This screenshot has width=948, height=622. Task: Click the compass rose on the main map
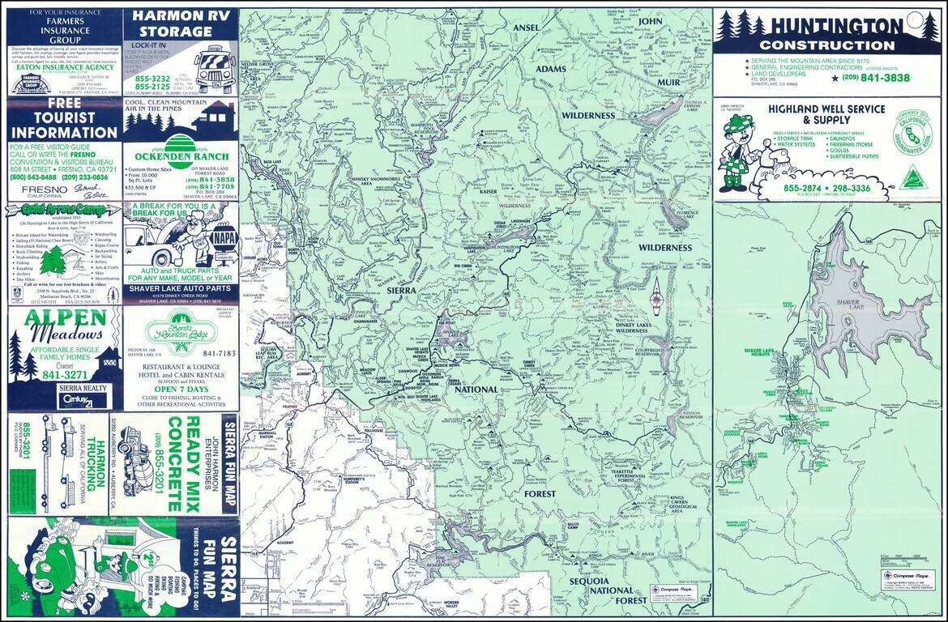point(657,299)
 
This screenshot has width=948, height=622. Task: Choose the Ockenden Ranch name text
point(179,155)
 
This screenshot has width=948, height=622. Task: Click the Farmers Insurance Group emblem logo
point(31,83)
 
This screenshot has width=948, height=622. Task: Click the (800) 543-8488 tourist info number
point(33,177)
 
